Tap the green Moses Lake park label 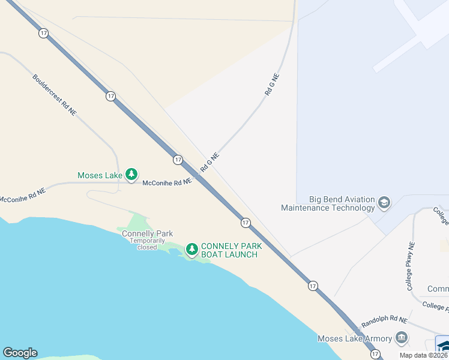click(x=100, y=176)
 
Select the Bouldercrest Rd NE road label click(x=55, y=95)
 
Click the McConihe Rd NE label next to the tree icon click(x=167, y=181)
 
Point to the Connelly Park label click(x=147, y=233)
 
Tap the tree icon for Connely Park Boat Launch click(x=191, y=249)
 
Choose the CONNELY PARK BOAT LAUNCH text click(x=229, y=250)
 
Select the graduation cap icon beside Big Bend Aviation click(x=384, y=203)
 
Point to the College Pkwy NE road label click(x=411, y=266)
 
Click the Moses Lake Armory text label click(x=355, y=338)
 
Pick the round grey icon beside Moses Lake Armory click(x=401, y=338)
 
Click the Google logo click(x=20, y=353)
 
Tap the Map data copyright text click(x=424, y=355)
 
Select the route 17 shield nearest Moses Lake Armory click(x=375, y=355)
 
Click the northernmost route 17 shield click(x=43, y=33)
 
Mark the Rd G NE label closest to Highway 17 click(x=209, y=162)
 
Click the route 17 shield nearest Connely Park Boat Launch click(x=246, y=223)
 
